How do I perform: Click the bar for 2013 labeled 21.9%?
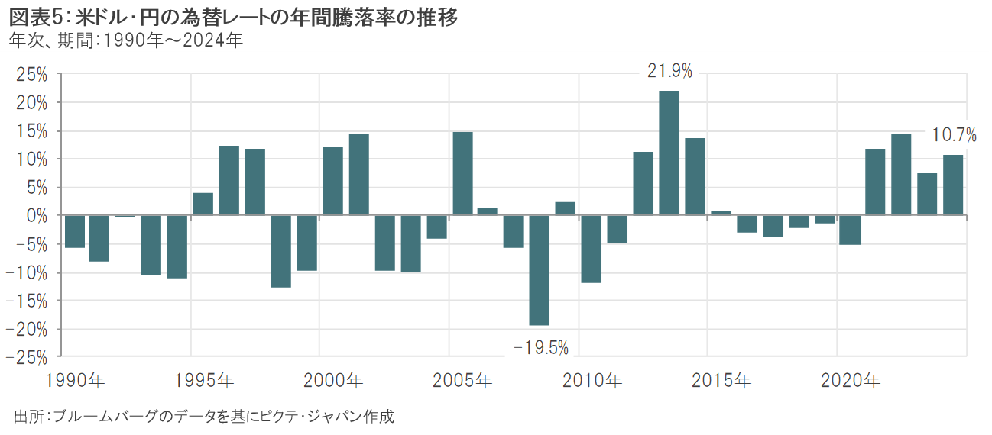click(669, 153)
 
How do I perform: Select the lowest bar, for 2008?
click(539, 270)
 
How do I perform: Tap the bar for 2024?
click(953, 185)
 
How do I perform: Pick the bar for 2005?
click(462, 174)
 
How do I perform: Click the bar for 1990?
click(74, 232)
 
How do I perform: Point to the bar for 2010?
click(591, 250)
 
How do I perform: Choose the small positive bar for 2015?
click(721, 214)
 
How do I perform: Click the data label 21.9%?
click(669, 72)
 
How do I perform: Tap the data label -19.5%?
click(541, 348)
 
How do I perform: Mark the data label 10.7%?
click(955, 136)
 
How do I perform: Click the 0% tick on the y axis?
click(37, 216)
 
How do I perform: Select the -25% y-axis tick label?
click(28, 357)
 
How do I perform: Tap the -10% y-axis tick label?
click(28, 272)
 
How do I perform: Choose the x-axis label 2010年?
click(592, 379)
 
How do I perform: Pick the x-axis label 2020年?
click(849, 379)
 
